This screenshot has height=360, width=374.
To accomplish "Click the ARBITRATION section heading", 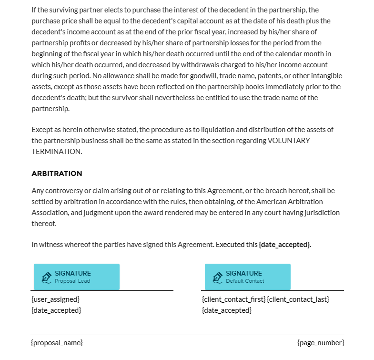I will pos(57,174).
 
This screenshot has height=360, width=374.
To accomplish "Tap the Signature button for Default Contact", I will pos(247,277).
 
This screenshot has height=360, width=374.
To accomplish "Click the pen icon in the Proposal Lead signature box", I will pos(46,277).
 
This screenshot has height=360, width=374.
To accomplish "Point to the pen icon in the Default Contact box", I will pos(217,277).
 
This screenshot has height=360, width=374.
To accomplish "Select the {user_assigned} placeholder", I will pos(55,299).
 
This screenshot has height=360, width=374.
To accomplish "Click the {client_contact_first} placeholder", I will pos(233,299).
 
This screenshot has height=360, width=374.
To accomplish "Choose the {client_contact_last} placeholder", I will pos(298,299).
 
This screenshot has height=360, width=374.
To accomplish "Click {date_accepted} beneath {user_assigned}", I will pos(56,310).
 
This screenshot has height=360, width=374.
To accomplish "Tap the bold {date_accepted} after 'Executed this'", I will pos(284,245).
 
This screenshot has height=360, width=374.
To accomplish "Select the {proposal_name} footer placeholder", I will pos(57,343).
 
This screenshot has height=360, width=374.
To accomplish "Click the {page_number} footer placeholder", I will pos(320,343).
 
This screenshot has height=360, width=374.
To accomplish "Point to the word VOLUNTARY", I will pos(289,141).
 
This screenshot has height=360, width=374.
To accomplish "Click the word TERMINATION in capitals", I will pos(56,152).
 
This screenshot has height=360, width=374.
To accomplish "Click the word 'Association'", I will pos(50,213).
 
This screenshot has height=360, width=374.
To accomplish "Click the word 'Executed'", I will pos(230,245).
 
